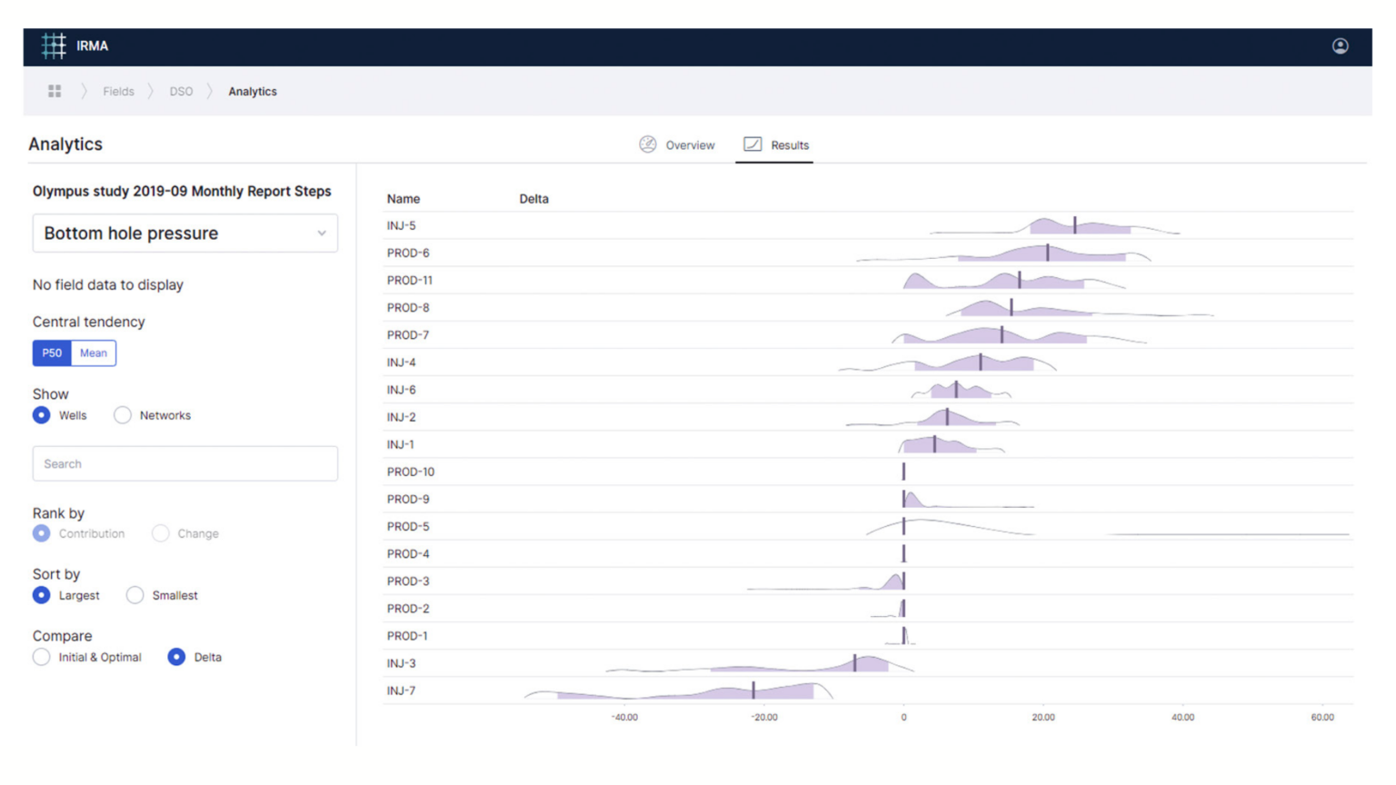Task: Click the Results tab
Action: (x=777, y=145)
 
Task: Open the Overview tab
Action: (x=678, y=145)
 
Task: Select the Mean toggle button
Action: (x=94, y=353)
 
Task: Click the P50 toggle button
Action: (x=52, y=353)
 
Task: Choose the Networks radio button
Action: (x=123, y=416)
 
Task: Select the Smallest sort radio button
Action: (x=135, y=596)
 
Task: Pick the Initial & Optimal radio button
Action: (x=42, y=658)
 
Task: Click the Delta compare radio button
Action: (x=176, y=658)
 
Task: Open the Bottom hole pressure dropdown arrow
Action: (x=322, y=234)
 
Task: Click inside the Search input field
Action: (x=185, y=464)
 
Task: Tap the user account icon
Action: (x=1340, y=46)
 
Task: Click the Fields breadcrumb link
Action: (x=118, y=92)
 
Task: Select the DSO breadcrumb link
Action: (x=181, y=92)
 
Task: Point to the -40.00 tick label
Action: (x=624, y=718)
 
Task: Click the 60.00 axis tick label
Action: (x=1322, y=718)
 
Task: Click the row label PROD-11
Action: (x=410, y=281)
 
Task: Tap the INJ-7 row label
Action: (x=401, y=691)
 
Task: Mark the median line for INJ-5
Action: (x=1074, y=225)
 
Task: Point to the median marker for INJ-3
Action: (x=854, y=662)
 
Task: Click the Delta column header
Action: (x=533, y=199)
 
